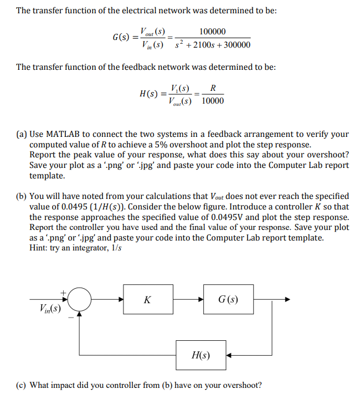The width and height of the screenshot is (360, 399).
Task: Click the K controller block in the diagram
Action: click(x=147, y=300)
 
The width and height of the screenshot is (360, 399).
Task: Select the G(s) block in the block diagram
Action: click(x=228, y=300)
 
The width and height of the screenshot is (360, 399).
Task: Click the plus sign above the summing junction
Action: click(x=63, y=290)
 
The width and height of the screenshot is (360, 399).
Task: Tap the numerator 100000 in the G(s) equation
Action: click(x=213, y=32)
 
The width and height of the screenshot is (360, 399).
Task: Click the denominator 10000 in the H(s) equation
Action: click(x=213, y=101)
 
